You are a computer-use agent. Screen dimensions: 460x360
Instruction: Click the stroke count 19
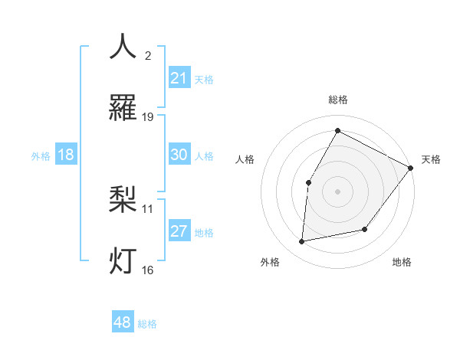(148, 116)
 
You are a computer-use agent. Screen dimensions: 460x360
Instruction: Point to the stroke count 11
(148, 208)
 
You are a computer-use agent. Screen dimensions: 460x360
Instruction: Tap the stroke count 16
(148, 269)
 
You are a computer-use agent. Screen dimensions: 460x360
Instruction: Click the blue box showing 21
(179, 78)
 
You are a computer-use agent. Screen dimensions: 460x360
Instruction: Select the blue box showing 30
(179, 155)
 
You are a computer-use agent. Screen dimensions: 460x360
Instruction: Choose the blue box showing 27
(179, 231)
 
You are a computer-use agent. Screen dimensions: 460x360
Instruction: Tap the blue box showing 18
(66, 155)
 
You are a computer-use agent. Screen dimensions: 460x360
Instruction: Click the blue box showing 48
(122, 322)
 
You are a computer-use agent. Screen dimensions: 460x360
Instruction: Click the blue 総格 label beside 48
(147, 324)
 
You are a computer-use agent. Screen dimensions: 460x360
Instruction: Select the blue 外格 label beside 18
(41, 156)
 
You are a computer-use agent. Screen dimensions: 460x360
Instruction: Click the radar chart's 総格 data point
(337, 130)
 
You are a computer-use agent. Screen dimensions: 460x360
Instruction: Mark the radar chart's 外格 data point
(302, 241)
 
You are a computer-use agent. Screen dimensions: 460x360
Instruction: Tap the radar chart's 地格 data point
(365, 229)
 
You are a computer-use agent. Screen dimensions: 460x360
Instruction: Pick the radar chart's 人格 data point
(308, 182)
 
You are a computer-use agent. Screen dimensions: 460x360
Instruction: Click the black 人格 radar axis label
(245, 159)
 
